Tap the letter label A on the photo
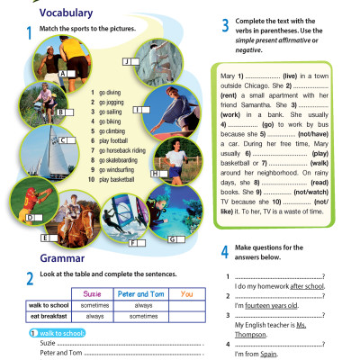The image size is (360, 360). [64, 74]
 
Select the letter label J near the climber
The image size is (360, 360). [127, 60]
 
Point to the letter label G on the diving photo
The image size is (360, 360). [172, 239]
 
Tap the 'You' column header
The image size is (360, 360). [186, 294]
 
